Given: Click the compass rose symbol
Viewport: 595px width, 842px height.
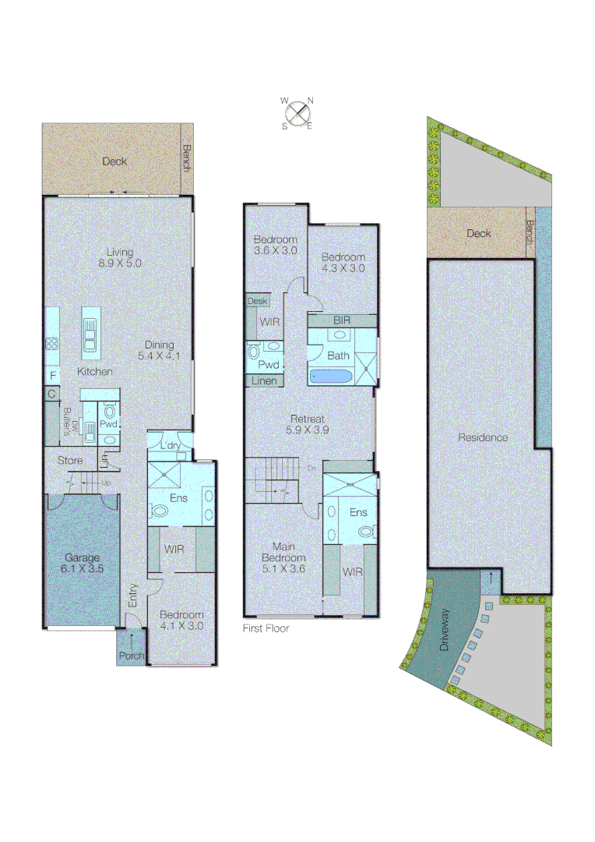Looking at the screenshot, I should [x=297, y=113].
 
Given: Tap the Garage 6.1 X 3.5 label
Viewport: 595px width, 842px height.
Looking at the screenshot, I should [x=83, y=564].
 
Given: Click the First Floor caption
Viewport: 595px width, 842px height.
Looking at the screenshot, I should [x=266, y=628].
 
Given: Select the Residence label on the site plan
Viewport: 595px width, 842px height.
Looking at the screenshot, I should [x=483, y=437].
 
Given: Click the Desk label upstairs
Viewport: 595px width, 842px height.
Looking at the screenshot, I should [x=256, y=300].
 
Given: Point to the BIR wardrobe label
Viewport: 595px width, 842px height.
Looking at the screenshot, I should [x=342, y=320].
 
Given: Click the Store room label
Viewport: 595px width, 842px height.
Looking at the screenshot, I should [x=70, y=461].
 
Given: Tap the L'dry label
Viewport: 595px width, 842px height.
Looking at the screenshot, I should [x=170, y=445].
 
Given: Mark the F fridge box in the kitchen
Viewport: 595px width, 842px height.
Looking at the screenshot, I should [x=52, y=375].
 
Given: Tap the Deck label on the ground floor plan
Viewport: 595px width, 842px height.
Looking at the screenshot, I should [x=114, y=162].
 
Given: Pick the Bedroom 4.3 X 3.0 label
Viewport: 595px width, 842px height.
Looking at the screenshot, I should [x=343, y=263].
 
